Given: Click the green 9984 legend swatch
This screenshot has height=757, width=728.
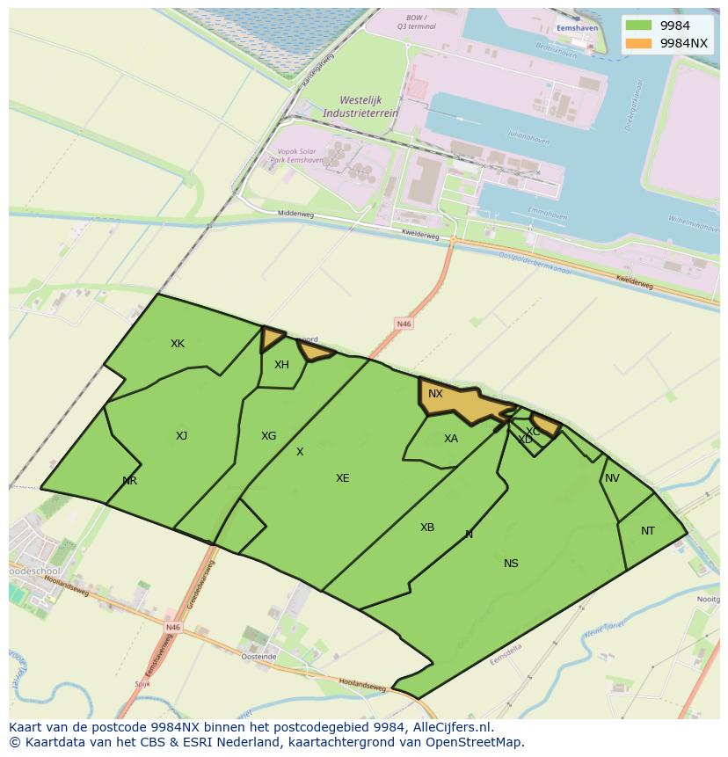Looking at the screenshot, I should point(639,26).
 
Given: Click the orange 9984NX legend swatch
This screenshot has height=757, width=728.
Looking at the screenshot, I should point(639,43).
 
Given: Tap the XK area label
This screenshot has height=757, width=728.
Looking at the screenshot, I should point(178,344).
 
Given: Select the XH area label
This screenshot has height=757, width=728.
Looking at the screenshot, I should point(281,365).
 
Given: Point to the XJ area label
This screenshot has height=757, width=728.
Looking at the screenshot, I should point(181,436).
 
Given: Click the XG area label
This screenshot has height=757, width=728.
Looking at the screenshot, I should point(268,436).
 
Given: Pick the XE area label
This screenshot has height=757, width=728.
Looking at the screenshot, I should point(342,478).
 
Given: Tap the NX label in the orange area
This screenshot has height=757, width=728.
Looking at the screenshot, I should point(435,394).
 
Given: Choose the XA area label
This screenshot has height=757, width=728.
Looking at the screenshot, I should point(451,439).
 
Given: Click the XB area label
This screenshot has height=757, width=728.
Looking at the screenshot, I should point(427,528).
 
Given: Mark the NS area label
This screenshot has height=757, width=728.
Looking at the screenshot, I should point(511,564).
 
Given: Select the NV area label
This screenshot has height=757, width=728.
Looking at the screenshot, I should point(612,478).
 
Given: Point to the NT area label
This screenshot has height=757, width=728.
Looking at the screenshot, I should point(648,531).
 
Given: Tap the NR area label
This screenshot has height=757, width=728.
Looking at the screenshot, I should point(130,481).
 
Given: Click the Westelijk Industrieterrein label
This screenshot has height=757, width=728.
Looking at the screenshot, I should point(360,106).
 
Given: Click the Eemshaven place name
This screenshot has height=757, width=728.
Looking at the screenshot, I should point(577,28).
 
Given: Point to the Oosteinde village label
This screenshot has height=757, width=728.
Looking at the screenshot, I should point(258,657).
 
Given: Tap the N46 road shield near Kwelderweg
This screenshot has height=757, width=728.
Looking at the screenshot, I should point(404,324).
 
